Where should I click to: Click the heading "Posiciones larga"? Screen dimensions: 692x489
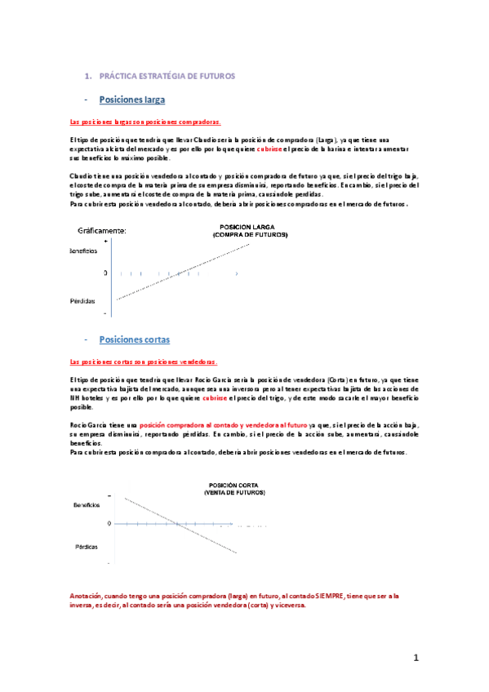[131, 100]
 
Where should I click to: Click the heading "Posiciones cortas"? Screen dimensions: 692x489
[134, 339]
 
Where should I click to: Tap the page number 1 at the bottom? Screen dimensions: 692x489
[415, 658]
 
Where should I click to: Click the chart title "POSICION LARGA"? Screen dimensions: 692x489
[250, 228]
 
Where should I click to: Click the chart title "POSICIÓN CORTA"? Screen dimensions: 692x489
[234, 486]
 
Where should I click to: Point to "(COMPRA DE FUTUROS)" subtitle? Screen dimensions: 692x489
[250, 235]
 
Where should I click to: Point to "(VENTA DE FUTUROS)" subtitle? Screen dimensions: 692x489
[234, 494]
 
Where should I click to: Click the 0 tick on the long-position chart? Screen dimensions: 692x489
[104, 273]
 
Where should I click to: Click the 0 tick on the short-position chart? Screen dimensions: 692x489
[105, 523]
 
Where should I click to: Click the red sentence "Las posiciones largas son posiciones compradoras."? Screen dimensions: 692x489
[145, 122]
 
